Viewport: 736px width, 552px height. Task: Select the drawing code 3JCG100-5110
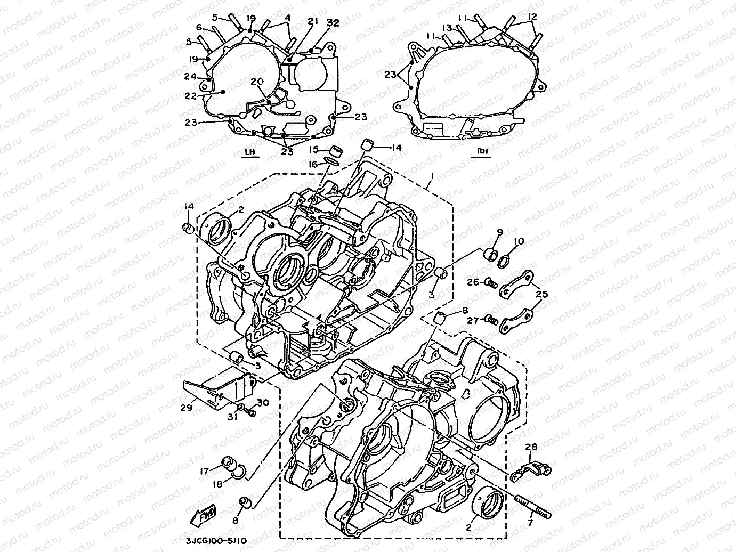pos(216,540)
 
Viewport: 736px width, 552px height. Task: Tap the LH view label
pos(248,152)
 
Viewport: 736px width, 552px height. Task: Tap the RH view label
pos(482,152)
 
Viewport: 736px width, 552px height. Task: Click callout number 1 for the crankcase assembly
pos(432,176)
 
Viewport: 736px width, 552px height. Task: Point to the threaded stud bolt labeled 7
pos(532,506)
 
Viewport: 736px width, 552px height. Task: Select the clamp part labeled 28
pos(532,470)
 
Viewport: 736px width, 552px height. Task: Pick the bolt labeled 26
pos(490,282)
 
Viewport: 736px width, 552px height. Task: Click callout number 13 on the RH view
pos(447,27)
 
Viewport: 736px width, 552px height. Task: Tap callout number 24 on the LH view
pos(191,76)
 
